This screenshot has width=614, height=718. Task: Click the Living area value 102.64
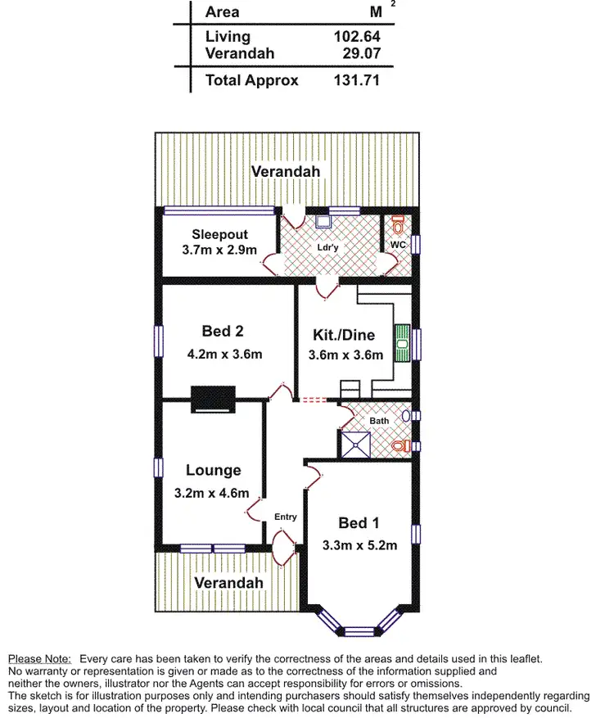pos(357,37)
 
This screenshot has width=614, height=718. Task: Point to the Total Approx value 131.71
pos(357,80)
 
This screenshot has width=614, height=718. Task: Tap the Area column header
pos(223,12)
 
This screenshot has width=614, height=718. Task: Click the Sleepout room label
pos(219,234)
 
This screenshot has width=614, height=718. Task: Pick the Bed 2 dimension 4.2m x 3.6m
pos(224,354)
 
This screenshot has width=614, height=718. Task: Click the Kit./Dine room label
pos(344,335)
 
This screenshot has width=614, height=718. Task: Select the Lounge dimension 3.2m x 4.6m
pos(211,494)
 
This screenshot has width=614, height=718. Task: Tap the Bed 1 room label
pos(358,523)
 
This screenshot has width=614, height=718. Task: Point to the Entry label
pos(286,517)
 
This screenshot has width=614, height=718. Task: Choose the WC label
pos(398,245)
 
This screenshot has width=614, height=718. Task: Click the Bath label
pos(379,421)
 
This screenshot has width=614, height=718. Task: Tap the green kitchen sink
pos(402,342)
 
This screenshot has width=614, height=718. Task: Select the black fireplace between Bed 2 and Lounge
pos(213,399)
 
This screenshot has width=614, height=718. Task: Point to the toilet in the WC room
pos(398,222)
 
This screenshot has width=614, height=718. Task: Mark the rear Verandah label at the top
pos(286,171)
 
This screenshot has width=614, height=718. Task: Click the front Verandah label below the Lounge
pos(228,582)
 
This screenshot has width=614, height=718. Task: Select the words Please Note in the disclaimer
pos(39,658)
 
